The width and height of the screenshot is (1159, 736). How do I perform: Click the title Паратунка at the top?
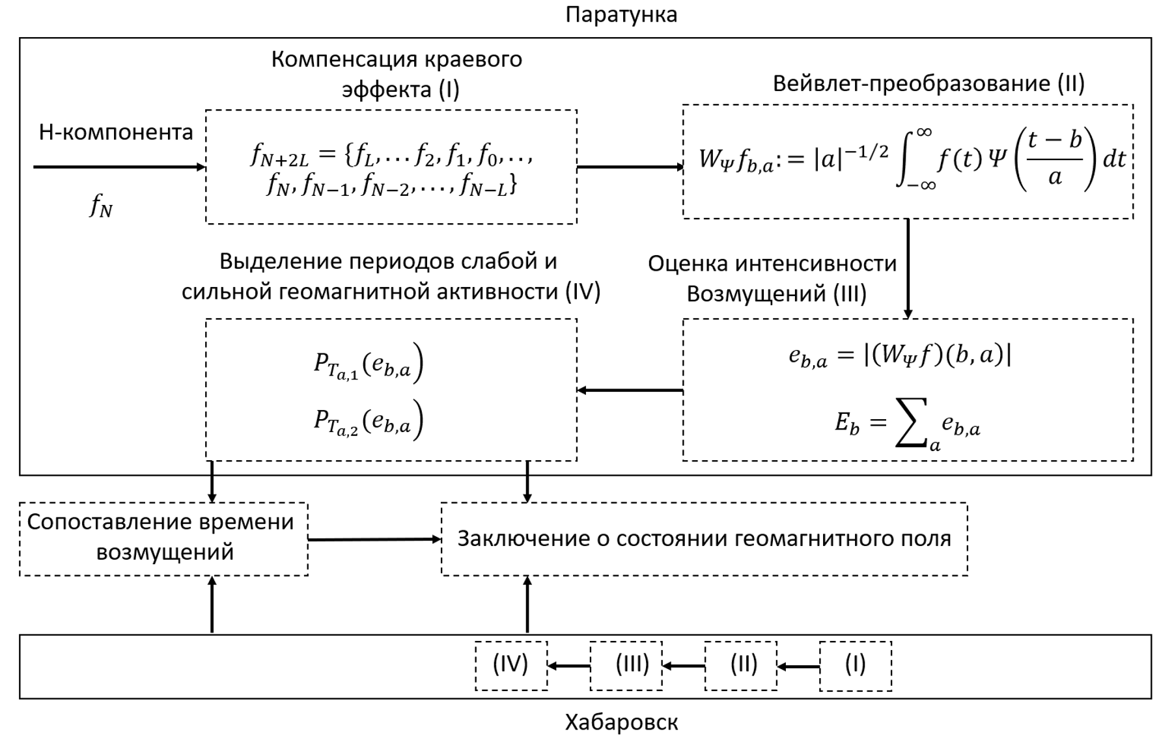tap(621, 14)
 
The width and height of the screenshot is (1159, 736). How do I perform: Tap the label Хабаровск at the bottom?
tap(621, 722)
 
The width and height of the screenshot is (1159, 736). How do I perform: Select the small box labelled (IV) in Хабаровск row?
tap(510, 665)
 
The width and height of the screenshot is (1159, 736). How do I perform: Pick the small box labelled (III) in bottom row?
tap(626, 665)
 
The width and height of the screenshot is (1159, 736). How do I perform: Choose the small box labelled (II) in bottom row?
tap(740, 665)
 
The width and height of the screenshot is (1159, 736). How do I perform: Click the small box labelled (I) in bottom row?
tap(855, 665)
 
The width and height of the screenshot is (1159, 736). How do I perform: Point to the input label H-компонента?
tap(116, 132)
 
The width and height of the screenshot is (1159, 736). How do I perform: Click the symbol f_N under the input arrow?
tap(101, 207)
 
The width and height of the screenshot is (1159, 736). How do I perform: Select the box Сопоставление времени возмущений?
tap(163, 538)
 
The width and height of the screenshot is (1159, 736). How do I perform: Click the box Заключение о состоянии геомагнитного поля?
tap(704, 539)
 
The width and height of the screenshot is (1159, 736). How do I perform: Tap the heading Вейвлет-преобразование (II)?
tap(929, 83)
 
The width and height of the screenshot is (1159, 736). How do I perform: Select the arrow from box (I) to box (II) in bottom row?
tap(798, 666)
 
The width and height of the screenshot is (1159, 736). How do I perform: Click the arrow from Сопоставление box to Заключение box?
tap(374, 539)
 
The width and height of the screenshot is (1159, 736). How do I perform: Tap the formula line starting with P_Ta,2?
tap(368, 421)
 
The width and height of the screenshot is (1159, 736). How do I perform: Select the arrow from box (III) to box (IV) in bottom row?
tap(568, 666)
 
